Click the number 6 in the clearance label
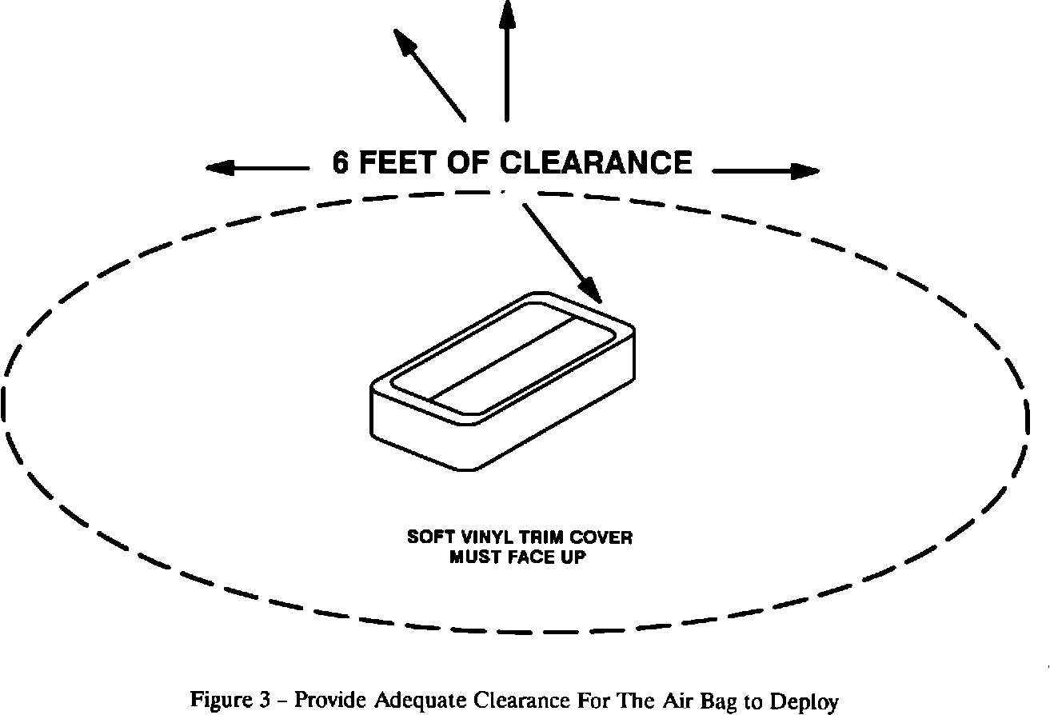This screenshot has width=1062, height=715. coord(341,163)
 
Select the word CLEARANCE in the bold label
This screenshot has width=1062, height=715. coord(596,163)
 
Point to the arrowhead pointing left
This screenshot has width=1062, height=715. coord(219,168)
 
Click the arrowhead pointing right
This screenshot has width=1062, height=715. coord(805,170)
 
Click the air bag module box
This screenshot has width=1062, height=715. coord(502,380)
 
